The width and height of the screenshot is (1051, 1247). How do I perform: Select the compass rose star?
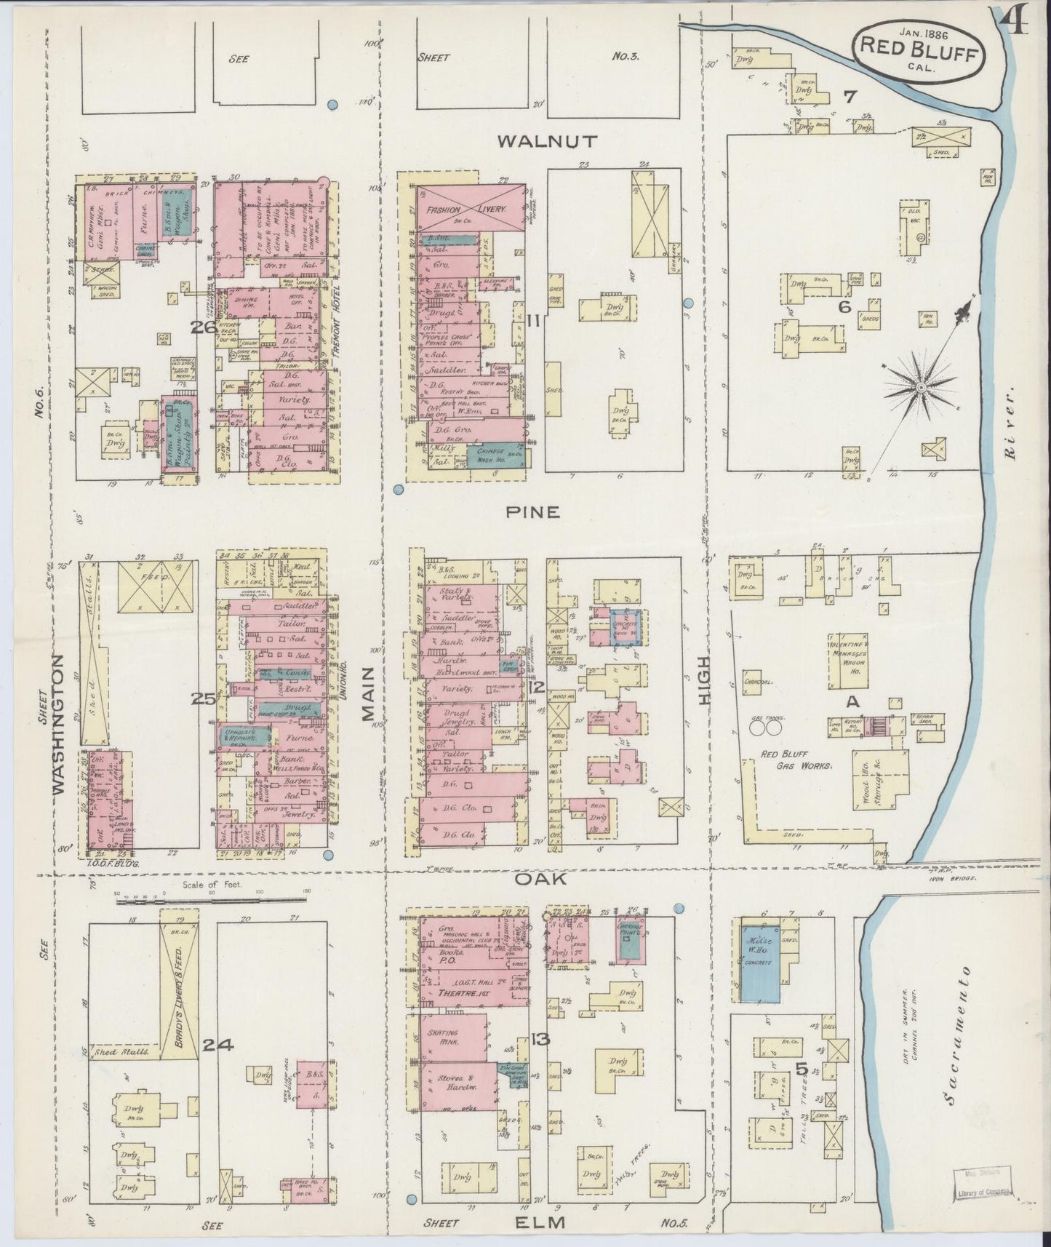[920, 387]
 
